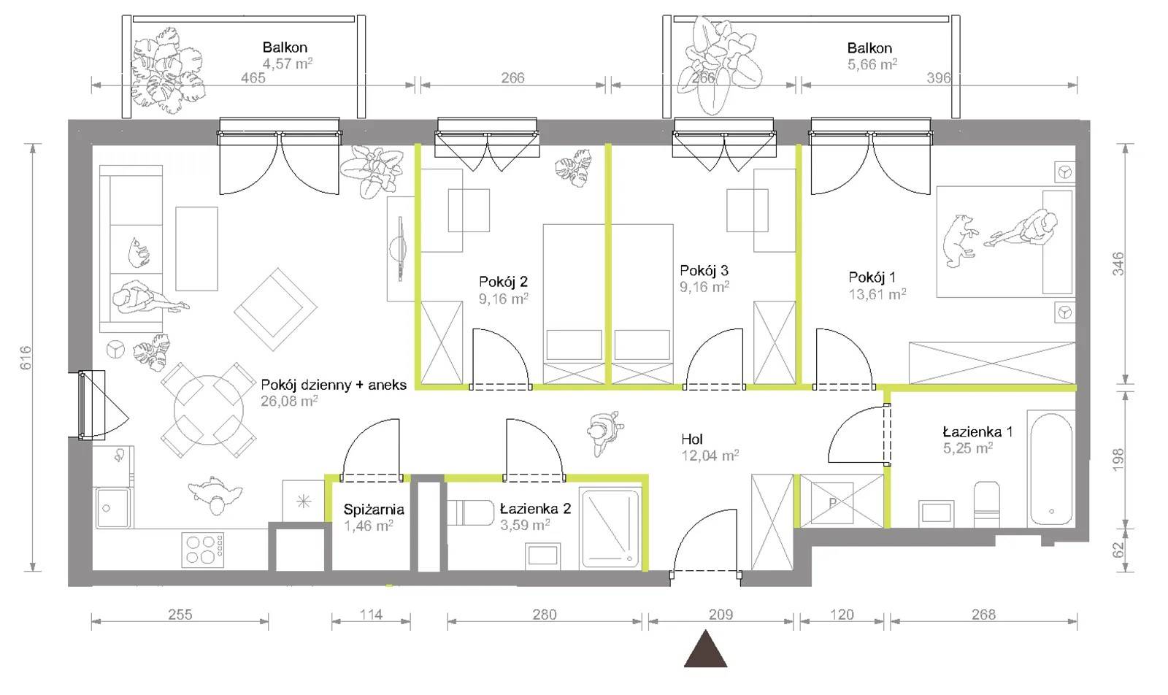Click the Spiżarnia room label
(x=374, y=509)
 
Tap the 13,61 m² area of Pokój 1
(x=877, y=294)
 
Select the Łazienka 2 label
(x=535, y=508)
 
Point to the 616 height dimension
(x=26, y=358)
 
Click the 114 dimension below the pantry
(x=371, y=615)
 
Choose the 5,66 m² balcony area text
(x=872, y=64)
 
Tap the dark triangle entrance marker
(x=705, y=649)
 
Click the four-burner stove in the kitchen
(x=204, y=550)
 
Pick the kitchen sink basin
(x=112, y=508)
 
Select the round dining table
(x=209, y=410)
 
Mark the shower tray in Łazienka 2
(x=610, y=528)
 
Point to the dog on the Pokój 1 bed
(x=958, y=241)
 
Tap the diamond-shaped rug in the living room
(x=275, y=310)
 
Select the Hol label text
(x=692, y=439)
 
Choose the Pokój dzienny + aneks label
(x=334, y=385)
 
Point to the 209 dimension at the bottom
(x=721, y=615)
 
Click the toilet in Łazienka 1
(x=986, y=504)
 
